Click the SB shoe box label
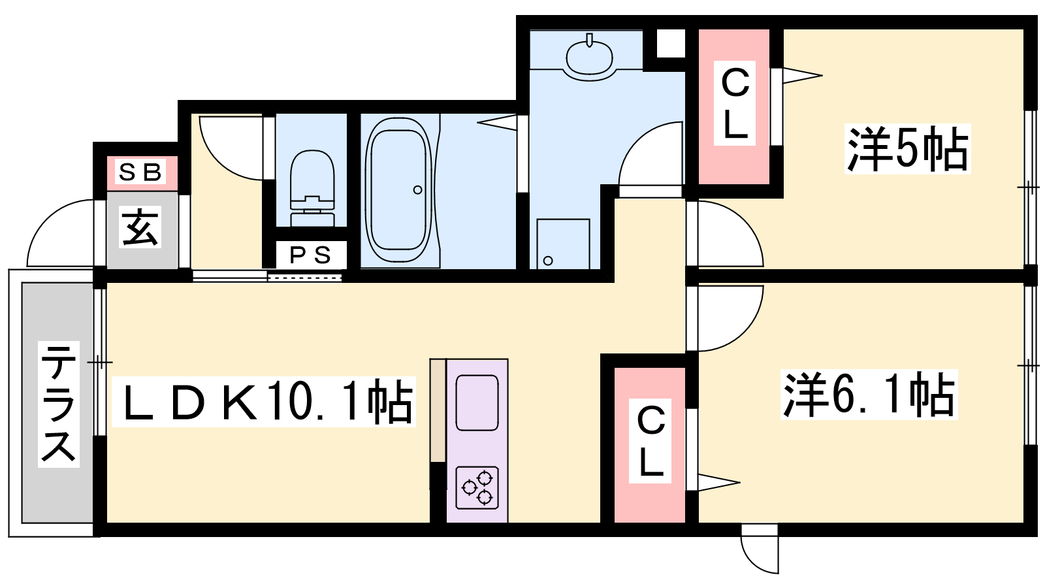(x=140, y=172)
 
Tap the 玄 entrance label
(x=140, y=227)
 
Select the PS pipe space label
(x=311, y=255)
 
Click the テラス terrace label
(x=59, y=404)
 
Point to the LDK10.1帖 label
(x=264, y=402)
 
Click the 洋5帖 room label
(x=907, y=149)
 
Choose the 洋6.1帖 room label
(x=869, y=395)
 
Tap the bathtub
(x=398, y=191)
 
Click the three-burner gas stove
(x=477, y=487)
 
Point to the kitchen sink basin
(x=477, y=402)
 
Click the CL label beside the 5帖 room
(x=735, y=105)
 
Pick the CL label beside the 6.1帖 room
(x=651, y=441)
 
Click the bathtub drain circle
(x=417, y=190)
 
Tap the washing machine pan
(x=563, y=244)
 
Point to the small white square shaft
(x=670, y=43)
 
